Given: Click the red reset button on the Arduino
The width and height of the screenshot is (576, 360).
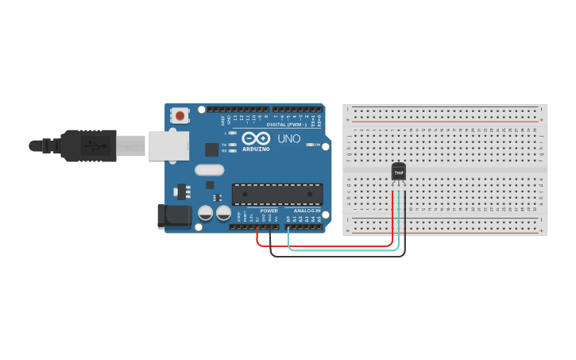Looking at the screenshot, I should tap(180, 116).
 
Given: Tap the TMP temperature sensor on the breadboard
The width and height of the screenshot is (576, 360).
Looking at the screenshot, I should tap(399, 171).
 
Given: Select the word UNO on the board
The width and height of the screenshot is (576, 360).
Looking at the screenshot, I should tap(288, 139).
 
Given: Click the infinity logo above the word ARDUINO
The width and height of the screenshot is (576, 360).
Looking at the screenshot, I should tap(256, 138).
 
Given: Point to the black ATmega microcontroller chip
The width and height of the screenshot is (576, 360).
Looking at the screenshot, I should tap(277, 194).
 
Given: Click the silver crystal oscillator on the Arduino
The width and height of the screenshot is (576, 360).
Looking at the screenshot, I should tap(209, 169).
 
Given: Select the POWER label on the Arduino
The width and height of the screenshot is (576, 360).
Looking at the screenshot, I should tap(269, 211).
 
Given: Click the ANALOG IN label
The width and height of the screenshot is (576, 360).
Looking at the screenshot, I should tap(307, 211).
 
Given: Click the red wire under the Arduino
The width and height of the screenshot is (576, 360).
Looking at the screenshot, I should tap(326, 246).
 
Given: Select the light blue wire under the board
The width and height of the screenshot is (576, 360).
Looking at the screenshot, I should tap(342, 250).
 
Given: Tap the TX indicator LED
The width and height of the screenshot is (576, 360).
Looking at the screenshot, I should tap(232, 145).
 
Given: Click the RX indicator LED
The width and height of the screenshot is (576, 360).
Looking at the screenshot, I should tap(232, 150).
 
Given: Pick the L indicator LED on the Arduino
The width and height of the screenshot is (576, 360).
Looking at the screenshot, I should tap(232, 133).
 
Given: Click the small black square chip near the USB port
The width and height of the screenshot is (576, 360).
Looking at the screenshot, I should tap(211, 149).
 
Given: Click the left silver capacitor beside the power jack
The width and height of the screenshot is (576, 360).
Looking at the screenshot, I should tap(206, 213).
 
